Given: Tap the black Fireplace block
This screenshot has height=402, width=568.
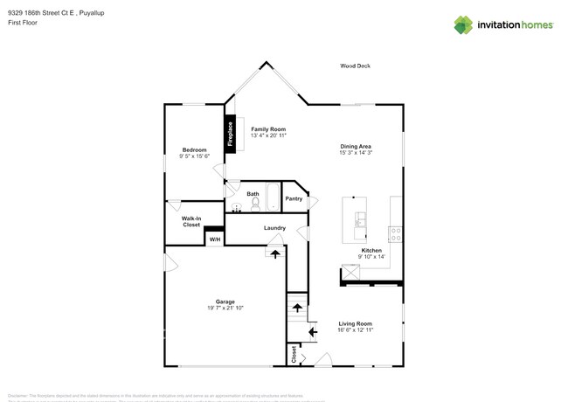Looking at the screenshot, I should click(231, 135).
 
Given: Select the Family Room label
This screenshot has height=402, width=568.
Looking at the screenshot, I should click(268, 129).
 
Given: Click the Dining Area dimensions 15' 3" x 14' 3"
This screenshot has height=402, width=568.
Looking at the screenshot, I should click(356, 153).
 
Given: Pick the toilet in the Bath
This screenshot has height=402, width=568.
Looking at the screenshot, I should click(255, 204).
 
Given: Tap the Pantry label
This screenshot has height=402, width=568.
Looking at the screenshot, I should click(294, 198).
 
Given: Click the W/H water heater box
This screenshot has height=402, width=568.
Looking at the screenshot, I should click(214, 239).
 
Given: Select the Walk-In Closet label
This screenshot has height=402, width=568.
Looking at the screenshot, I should click(191, 222).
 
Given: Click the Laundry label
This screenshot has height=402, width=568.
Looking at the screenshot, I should click(274, 229).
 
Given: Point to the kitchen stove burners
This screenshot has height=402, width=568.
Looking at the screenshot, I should click(394, 233).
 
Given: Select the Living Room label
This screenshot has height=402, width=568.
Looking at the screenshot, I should click(356, 323).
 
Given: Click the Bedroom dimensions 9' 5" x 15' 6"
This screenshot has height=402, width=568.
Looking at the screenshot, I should click(194, 156).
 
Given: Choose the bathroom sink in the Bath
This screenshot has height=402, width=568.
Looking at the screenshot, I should click(236, 208).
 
